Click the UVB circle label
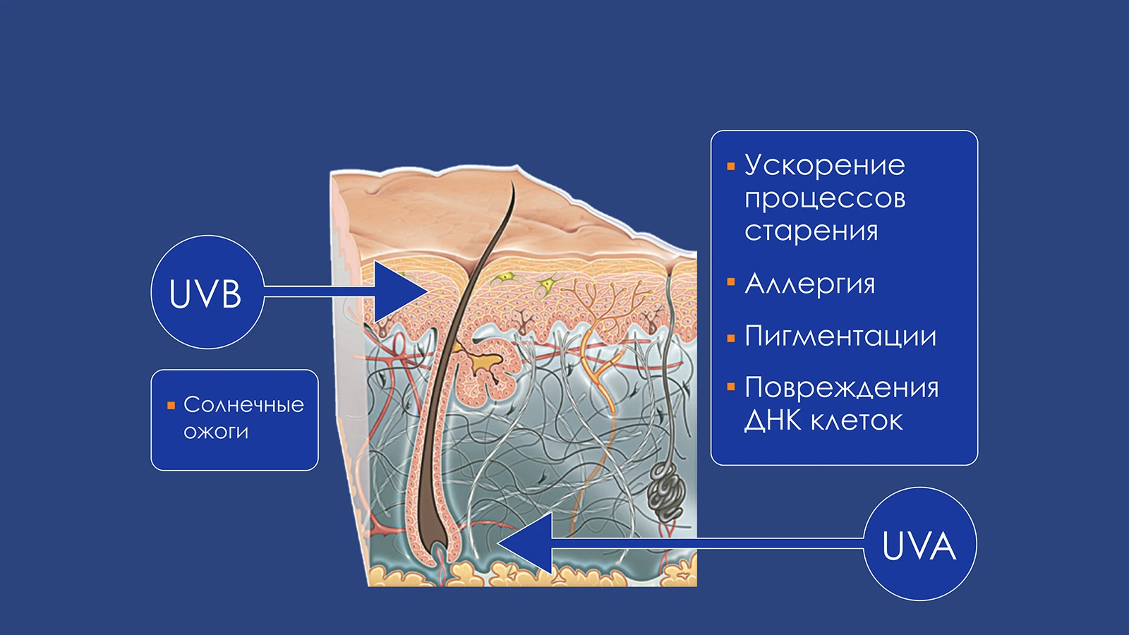click(207, 292)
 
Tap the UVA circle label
click(920, 544)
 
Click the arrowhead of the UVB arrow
click(402, 292)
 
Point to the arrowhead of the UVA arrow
click(525, 543)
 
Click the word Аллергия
click(810, 283)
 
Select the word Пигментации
click(840, 336)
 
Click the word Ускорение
click(825, 165)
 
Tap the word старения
click(811, 231)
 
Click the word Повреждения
click(842, 388)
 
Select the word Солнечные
click(244, 405)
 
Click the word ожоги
click(216, 432)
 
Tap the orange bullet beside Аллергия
click(731, 282)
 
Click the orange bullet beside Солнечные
click(171, 405)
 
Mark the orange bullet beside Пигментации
click(731, 339)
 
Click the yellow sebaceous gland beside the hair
click(484, 363)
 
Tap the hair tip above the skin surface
click(512, 184)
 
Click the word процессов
click(825, 198)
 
